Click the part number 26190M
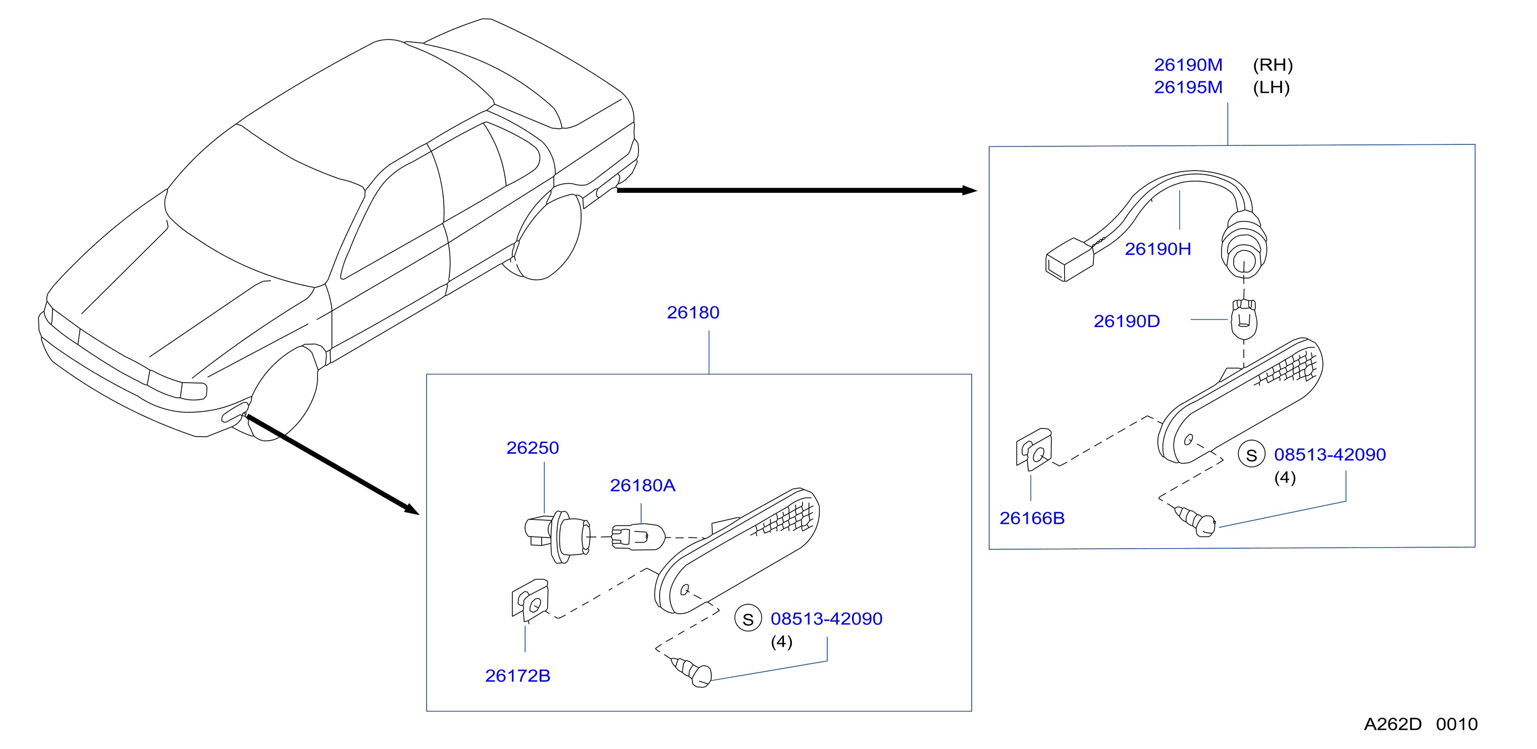[x=1188, y=65]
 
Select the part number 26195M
[x=1188, y=87]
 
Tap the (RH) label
[x=1273, y=65]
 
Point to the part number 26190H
[x=1157, y=249]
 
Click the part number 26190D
[x=1127, y=321]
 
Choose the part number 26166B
[x=1032, y=518]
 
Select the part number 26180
[x=693, y=312]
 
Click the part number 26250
[x=532, y=448]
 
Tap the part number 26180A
[x=642, y=485]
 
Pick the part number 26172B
[x=517, y=676]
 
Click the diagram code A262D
[x=1393, y=724]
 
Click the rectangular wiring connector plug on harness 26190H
[x=1069, y=259]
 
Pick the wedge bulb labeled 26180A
[x=637, y=537]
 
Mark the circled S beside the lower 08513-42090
[x=748, y=619]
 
